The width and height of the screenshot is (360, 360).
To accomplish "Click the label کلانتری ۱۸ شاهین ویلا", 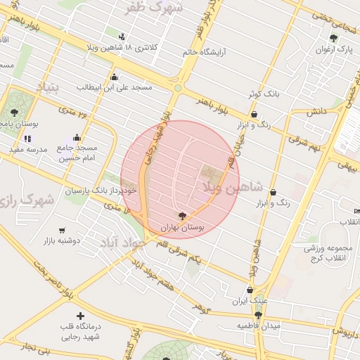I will pos(149,47).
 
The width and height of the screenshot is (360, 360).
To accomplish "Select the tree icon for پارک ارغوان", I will pos(334,38).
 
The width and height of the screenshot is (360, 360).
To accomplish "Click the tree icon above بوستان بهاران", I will pos(183,215).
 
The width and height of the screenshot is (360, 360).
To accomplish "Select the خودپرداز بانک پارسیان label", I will pos(98,191).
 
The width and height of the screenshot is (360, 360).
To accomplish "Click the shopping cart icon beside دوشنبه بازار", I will pos(62,231).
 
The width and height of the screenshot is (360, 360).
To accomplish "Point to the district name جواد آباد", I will pos(122,243).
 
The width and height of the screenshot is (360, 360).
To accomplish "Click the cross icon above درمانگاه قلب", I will pos(80,316).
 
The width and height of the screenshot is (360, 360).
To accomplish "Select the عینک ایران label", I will pos(250,301).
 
